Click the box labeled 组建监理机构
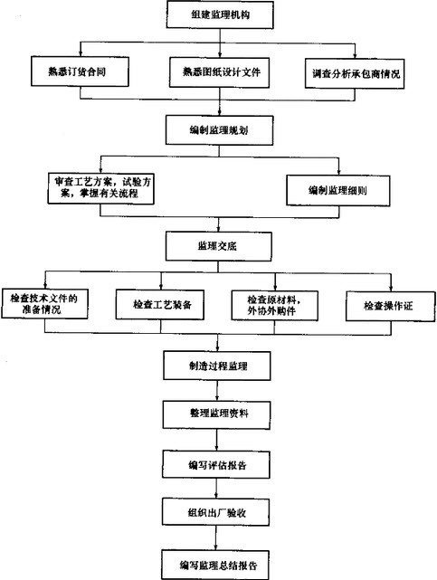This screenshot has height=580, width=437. tap(220, 14)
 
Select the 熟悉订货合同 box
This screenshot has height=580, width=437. tap(80, 71)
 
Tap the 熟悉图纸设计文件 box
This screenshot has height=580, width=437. tap(219, 72)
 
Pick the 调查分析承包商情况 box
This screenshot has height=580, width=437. tap(355, 73)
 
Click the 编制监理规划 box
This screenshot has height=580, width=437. tap(219, 130)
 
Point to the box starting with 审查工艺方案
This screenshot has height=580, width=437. tap(101, 188)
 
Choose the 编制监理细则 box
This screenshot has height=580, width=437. tap(337, 191)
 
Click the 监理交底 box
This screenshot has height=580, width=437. tap(219, 246)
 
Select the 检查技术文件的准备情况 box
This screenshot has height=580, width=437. tap(44, 304)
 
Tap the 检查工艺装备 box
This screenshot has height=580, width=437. tap(160, 305)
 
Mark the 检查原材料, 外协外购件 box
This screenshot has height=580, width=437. tap(275, 306)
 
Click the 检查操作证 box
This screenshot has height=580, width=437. tap(391, 306)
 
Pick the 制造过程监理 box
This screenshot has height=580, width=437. tap(217, 366)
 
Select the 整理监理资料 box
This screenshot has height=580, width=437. tap(216, 414)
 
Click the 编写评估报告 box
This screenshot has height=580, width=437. tap(216, 464)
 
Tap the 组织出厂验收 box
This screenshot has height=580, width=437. tap(216, 512)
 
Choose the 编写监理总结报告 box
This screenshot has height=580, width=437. tap(215, 565)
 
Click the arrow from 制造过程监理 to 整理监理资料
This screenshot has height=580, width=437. tap(217, 391)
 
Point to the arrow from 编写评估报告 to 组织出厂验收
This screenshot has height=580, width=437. tap(216, 489)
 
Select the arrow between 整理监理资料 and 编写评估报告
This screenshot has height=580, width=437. tap(216, 440)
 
